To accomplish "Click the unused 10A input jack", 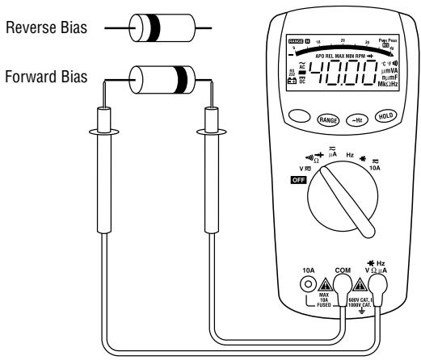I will coord(308,285).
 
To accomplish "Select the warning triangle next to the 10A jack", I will coord(326,285).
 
